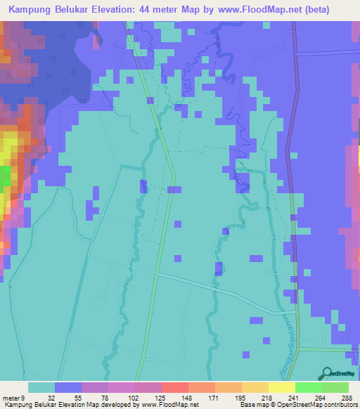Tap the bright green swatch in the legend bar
(309, 387)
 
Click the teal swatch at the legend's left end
(41, 387)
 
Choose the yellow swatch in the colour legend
(282, 387)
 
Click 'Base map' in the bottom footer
(254, 405)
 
